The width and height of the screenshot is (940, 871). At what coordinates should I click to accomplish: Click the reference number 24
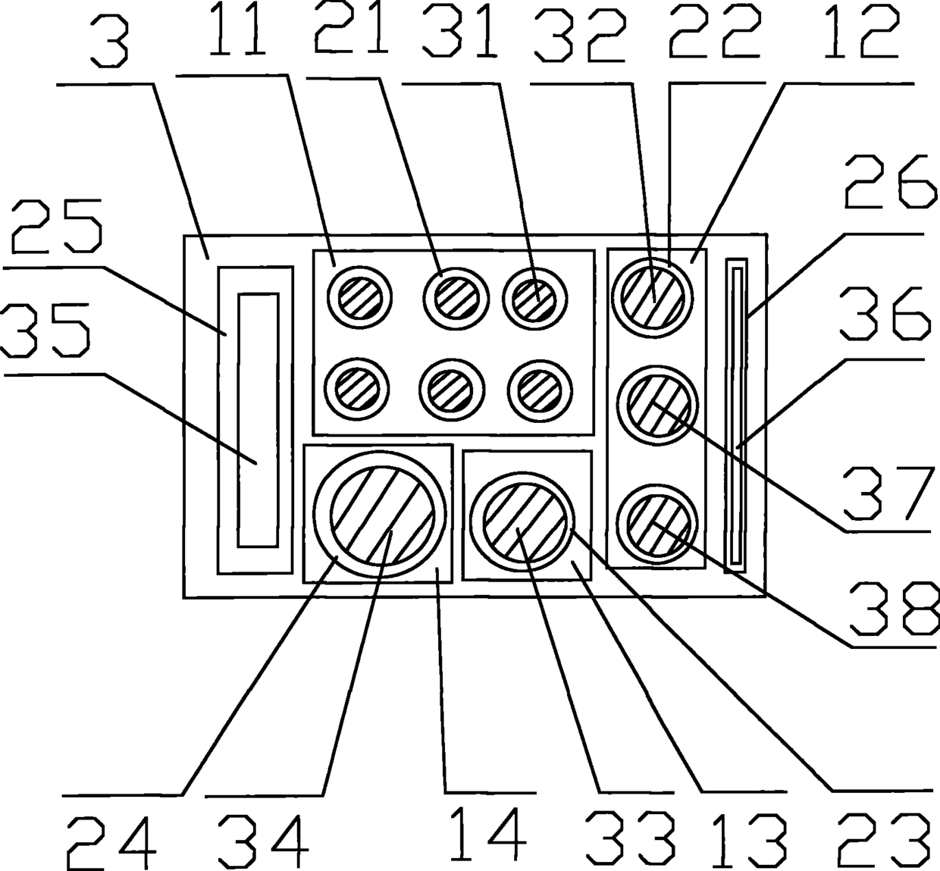(111, 842)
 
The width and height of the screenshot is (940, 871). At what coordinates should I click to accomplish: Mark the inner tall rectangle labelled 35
(258, 420)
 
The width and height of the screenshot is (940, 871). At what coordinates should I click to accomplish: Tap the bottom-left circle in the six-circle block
(358, 390)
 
